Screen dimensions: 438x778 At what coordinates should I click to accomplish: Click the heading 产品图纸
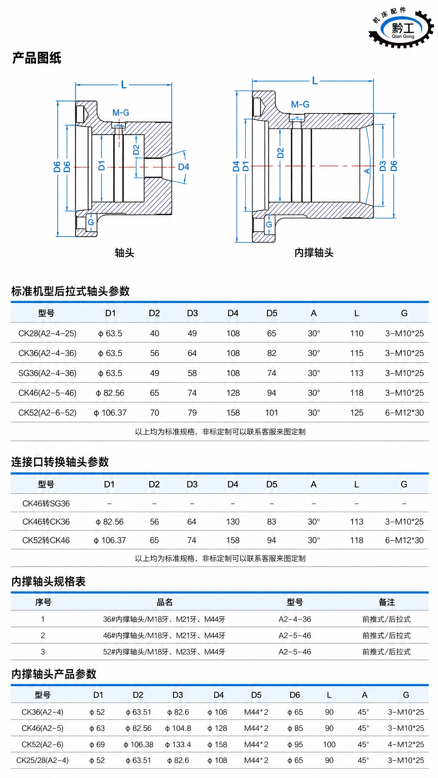coord(37,58)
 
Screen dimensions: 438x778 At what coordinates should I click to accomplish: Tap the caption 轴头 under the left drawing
coord(124,253)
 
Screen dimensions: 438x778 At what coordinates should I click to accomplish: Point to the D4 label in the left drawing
coord(183,167)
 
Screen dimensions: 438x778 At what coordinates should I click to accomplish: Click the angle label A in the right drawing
coord(367,171)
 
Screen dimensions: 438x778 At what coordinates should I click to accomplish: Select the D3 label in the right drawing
coord(383,166)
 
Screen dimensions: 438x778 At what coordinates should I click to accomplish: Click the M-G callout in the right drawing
coord(300,105)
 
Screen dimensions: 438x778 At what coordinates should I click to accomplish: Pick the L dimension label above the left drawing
coord(124,84)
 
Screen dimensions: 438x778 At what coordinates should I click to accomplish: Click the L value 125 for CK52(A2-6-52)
coord(356,413)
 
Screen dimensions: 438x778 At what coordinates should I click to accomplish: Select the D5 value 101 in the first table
coord(272,413)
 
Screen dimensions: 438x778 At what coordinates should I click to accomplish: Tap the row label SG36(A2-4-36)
coord(47,373)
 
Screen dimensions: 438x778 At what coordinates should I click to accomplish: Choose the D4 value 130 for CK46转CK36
coord(233,522)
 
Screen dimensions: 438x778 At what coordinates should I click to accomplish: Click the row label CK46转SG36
coord(46,503)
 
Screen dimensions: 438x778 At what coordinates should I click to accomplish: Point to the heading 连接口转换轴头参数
coord(60,462)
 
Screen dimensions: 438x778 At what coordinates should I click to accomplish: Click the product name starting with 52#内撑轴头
coord(164,652)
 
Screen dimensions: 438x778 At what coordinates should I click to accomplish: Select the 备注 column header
coord(387,602)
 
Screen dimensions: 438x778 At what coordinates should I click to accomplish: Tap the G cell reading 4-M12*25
coord(406,744)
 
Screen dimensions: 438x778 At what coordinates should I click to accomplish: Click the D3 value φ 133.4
coord(178,744)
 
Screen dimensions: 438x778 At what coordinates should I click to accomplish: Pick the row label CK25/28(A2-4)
coord(42,760)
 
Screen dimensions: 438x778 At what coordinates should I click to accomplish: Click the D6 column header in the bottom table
coord(295,695)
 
